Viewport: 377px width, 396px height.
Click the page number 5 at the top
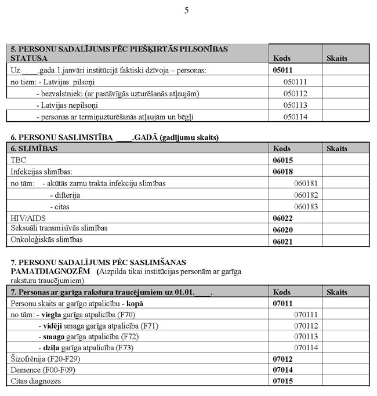point(186,10)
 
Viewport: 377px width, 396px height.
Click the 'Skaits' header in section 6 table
point(337,148)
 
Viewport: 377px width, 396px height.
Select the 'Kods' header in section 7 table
point(282,292)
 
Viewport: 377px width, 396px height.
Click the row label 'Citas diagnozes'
point(36,382)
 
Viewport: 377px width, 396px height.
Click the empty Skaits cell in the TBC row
point(346,159)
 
